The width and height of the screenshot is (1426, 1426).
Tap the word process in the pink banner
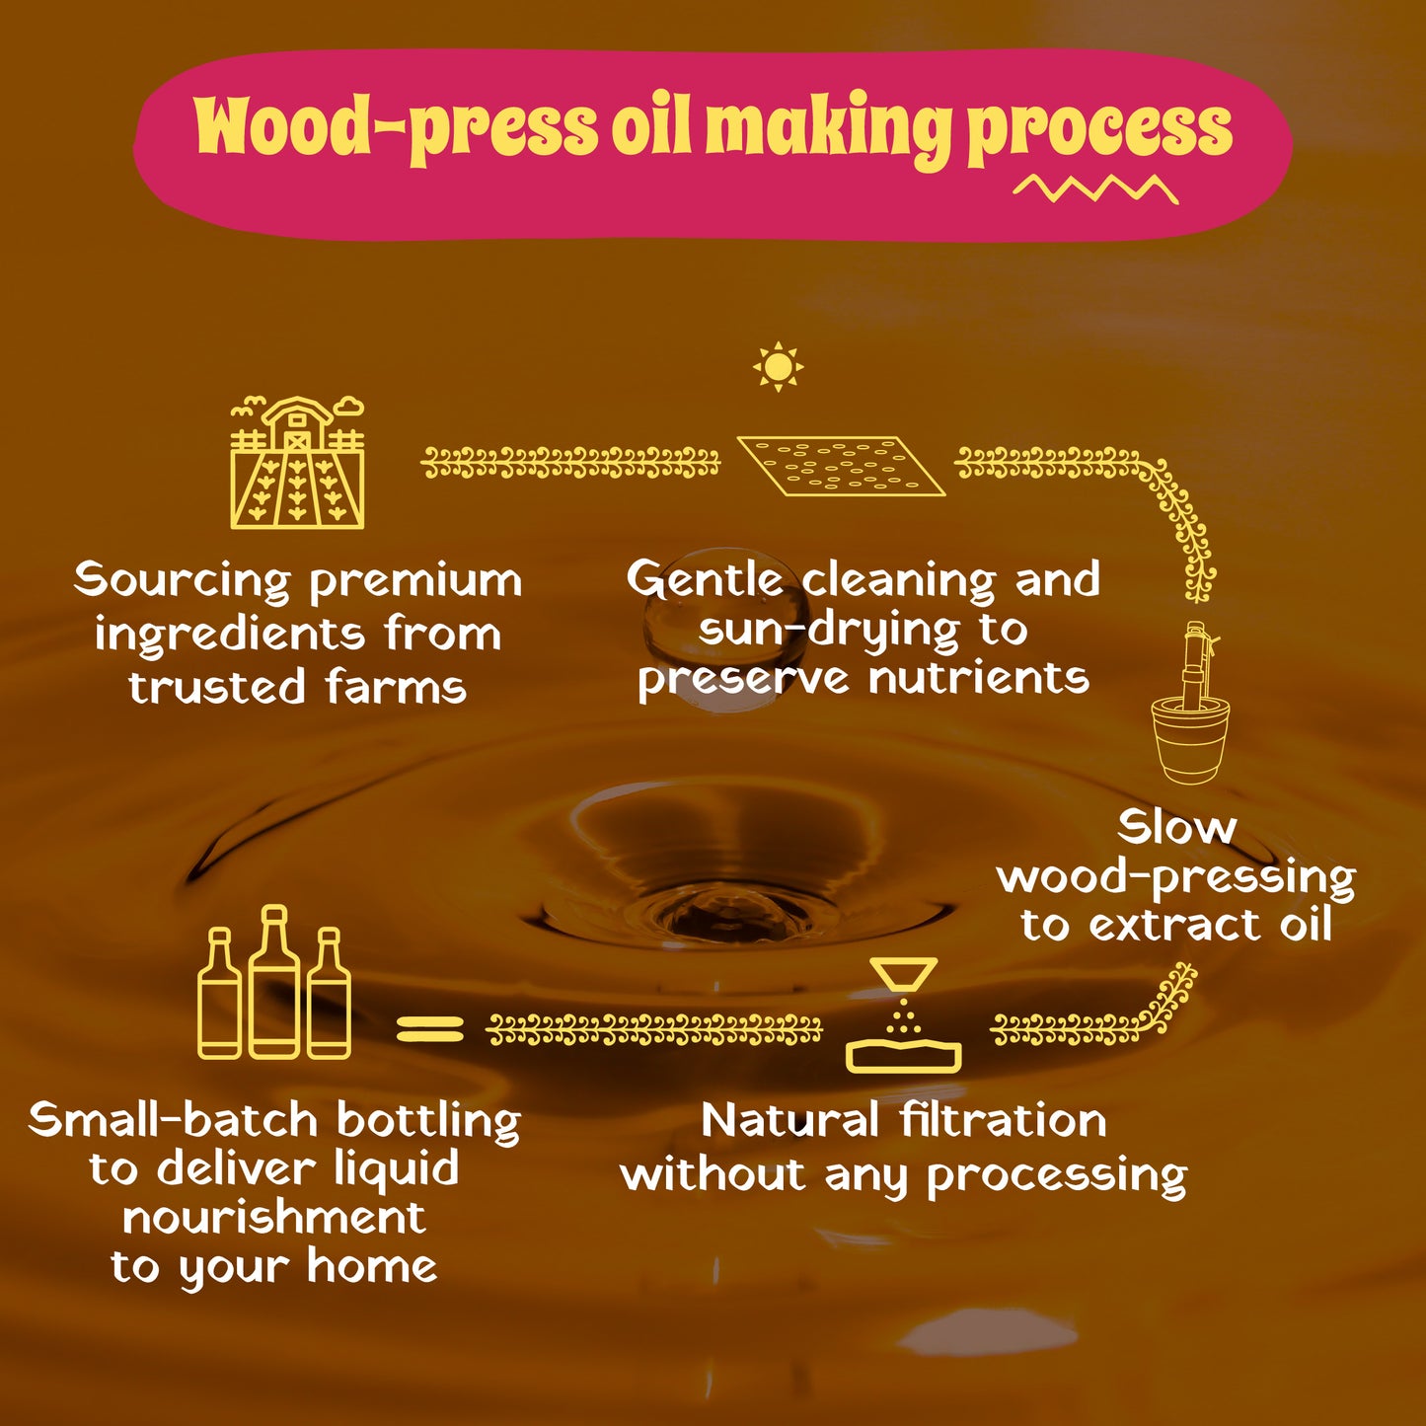[x=1099, y=129]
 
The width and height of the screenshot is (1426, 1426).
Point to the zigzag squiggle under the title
[x=1095, y=189]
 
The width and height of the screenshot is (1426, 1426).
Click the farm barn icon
[x=297, y=463]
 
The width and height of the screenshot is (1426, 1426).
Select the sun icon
[x=778, y=366]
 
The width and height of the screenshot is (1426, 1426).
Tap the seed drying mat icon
[x=842, y=466]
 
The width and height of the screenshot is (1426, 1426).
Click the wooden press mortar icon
[x=1191, y=703]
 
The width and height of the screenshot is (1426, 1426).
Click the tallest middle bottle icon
[x=274, y=982]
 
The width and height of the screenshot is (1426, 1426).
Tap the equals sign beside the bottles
[x=430, y=1028]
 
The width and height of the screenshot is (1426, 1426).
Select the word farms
[x=396, y=686]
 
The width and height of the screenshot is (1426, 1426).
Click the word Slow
[x=1176, y=827]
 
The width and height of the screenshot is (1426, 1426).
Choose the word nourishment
[x=274, y=1218]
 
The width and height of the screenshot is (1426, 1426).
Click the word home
[x=372, y=1266]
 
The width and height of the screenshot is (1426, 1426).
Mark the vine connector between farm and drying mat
[x=570, y=464]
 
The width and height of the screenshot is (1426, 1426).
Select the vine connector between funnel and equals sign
[x=653, y=1029]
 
